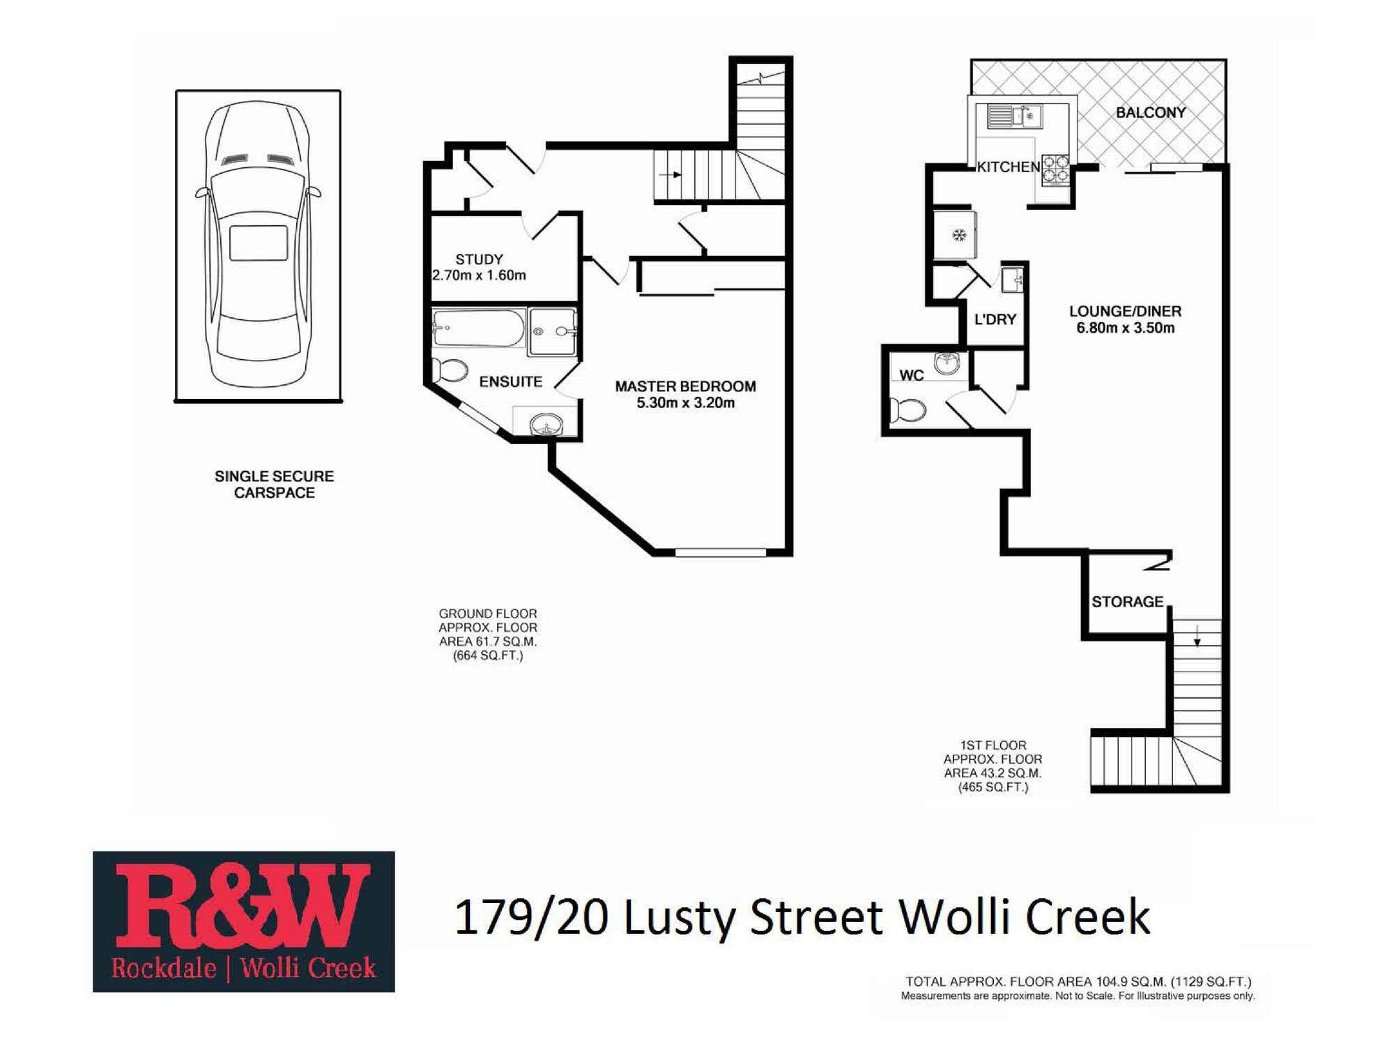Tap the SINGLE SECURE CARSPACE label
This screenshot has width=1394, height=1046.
tap(274, 485)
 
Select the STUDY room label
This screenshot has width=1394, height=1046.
tap(479, 259)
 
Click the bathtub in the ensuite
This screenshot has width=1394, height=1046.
tap(478, 328)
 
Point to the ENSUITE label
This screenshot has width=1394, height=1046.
tap(510, 382)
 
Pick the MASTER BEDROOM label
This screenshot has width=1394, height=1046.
tap(685, 386)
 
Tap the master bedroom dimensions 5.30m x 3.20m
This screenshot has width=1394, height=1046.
tap(685, 403)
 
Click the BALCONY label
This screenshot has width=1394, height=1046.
tap(1150, 113)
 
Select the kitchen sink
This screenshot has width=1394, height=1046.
tap(1015, 116)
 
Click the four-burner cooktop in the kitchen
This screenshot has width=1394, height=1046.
tap(1055, 170)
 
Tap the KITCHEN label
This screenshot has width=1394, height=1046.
tap(1008, 167)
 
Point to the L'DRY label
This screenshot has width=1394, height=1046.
tap(995, 319)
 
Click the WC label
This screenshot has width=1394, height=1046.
tap(911, 376)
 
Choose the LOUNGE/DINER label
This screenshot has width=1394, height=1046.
tap(1125, 312)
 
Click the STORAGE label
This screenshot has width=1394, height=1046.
tap(1127, 602)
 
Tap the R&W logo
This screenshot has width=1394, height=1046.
tap(243, 921)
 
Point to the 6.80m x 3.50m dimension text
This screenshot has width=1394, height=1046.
tap(1125, 328)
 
